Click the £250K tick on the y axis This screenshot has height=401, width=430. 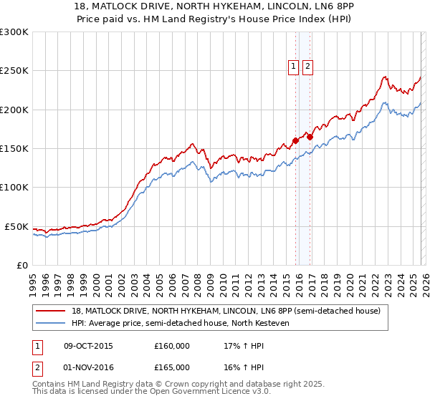(14, 71)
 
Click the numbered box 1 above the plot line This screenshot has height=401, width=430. (294, 67)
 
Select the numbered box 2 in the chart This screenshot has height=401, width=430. (307, 67)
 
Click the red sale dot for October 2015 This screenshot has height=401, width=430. (295, 141)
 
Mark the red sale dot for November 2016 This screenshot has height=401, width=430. (310, 137)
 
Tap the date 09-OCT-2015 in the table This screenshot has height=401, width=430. (88, 346)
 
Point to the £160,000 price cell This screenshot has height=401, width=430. (172, 346)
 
